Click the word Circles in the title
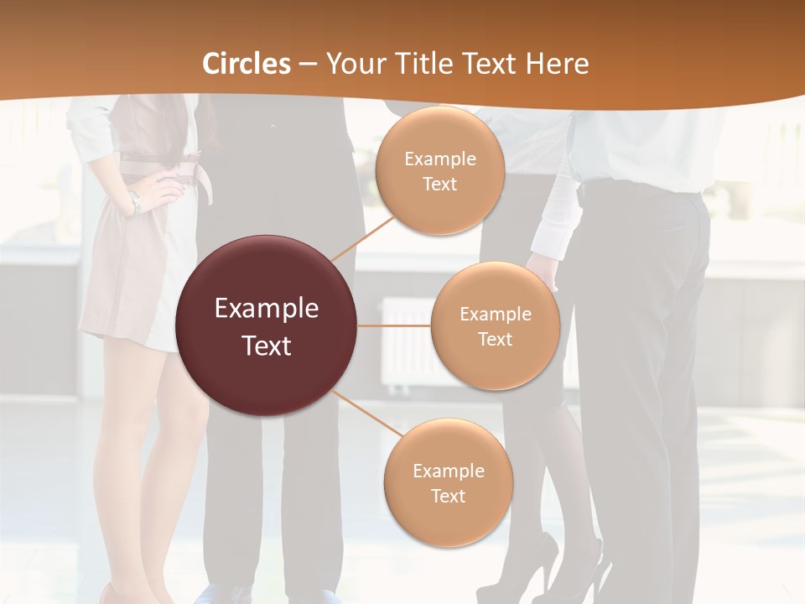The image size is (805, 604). click(x=247, y=64)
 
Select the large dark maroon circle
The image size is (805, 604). click(x=267, y=325)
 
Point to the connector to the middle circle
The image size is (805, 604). click(x=394, y=325)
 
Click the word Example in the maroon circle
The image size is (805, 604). click(x=267, y=309)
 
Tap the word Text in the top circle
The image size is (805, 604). click(x=439, y=185)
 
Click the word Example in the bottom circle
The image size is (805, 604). click(x=448, y=471)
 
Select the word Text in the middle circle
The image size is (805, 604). click(x=495, y=340)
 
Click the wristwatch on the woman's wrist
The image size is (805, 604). click(x=133, y=201)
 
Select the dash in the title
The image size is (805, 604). click(x=307, y=64)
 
